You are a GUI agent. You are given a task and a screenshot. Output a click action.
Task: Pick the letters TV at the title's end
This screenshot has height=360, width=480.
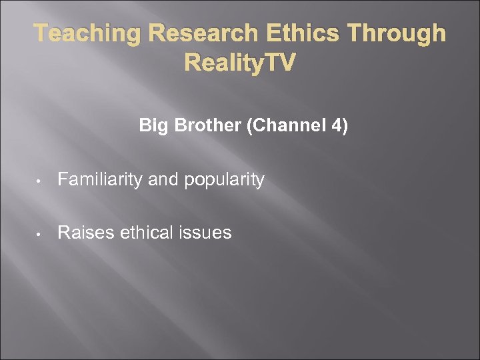coord(281,63)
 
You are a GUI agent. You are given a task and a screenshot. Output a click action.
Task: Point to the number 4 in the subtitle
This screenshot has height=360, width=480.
coord(337,125)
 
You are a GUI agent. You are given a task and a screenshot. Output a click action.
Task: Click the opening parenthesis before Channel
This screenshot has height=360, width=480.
coord(249,126)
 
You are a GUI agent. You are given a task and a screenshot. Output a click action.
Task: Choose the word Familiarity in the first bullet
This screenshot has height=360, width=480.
coord(97,180)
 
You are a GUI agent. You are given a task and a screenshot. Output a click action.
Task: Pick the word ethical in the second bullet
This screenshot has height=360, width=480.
coord(144,233)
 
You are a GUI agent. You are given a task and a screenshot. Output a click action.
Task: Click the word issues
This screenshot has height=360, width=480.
coord(207,233)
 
